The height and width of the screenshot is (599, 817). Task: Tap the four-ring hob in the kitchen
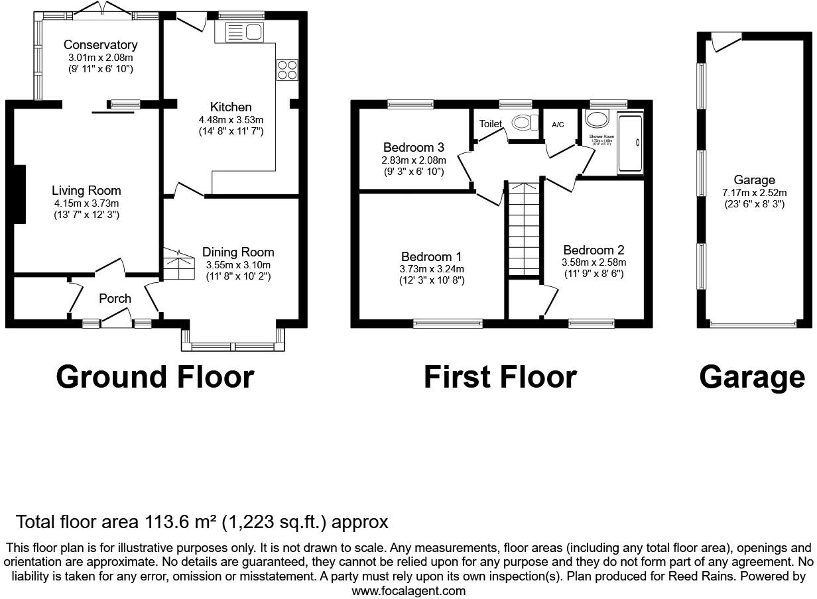(287, 70)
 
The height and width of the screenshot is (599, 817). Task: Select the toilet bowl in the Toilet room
(526, 123)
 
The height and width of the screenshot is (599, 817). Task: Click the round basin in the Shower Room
(598, 119)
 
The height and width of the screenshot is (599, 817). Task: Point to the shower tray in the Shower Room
(629, 143)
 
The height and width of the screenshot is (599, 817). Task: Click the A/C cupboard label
(558, 125)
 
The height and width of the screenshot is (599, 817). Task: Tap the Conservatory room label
(100, 45)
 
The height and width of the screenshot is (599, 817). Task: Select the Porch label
(115, 299)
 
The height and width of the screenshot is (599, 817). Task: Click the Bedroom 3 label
(413, 147)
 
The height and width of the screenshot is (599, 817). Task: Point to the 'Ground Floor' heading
(155, 377)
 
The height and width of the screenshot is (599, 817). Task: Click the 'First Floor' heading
(500, 377)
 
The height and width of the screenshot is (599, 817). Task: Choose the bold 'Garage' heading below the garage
(752, 377)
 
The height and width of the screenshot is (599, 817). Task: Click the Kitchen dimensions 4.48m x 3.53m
(231, 120)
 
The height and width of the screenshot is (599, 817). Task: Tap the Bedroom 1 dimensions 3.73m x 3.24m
(431, 269)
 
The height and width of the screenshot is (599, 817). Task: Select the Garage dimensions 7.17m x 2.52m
(754, 192)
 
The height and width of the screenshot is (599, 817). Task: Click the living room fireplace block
(19, 194)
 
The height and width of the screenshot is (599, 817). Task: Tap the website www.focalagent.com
(408, 591)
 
